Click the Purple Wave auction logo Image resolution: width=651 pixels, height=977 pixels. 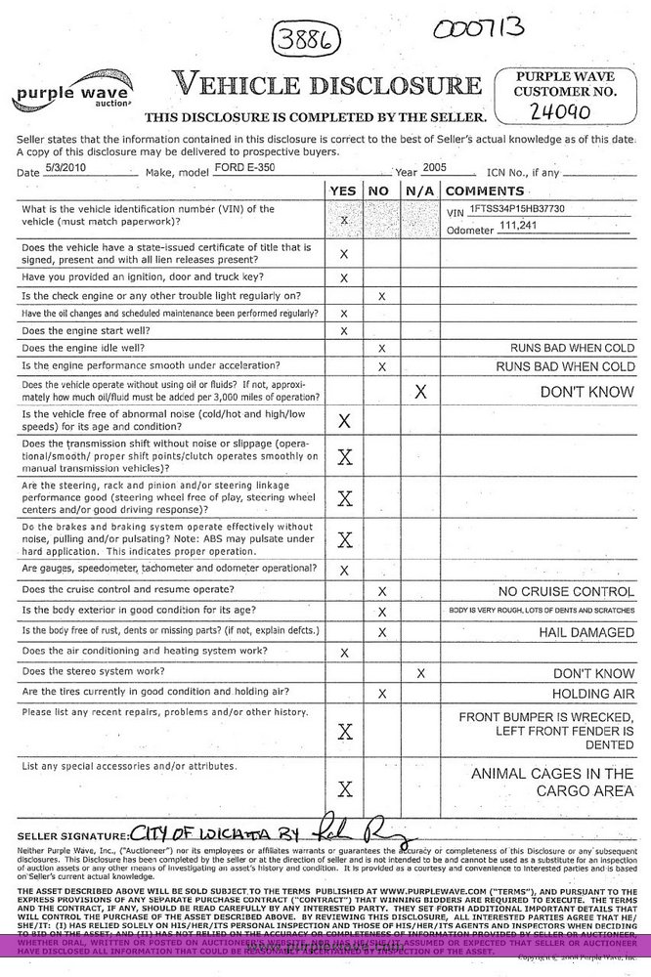pyautogui.click(x=71, y=96)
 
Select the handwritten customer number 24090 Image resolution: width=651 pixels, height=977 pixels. pyautogui.click(x=560, y=111)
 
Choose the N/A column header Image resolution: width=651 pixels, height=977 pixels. pyautogui.click(x=420, y=191)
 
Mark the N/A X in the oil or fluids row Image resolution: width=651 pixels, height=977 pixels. pyautogui.click(x=420, y=392)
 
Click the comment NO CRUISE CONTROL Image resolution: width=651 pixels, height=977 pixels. pyautogui.click(x=566, y=592)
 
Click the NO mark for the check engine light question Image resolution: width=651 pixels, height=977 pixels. pyautogui.click(x=381, y=295)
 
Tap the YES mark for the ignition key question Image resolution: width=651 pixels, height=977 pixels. pyautogui.click(x=343, y=277)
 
